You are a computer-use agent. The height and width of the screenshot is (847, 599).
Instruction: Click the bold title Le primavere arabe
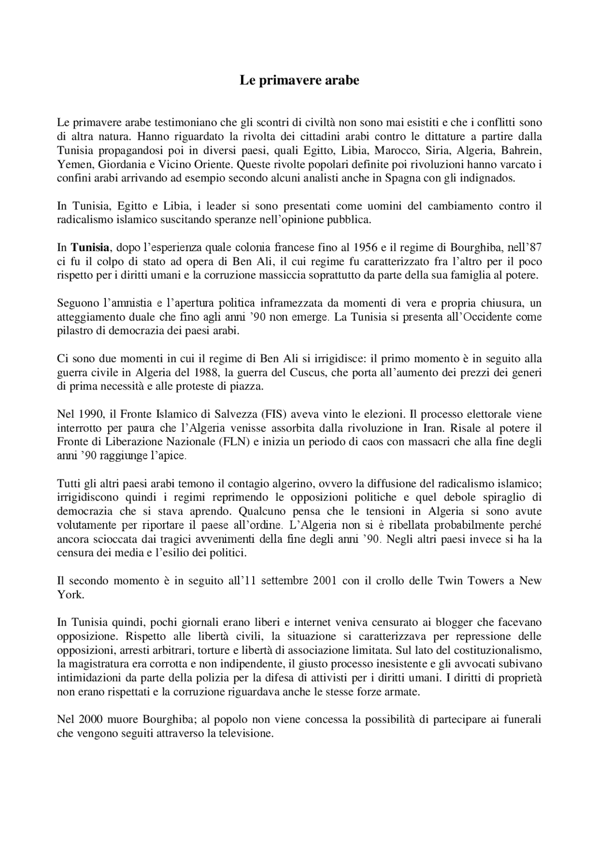coord(299,80)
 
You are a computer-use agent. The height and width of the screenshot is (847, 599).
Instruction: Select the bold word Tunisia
coord(90,247)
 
